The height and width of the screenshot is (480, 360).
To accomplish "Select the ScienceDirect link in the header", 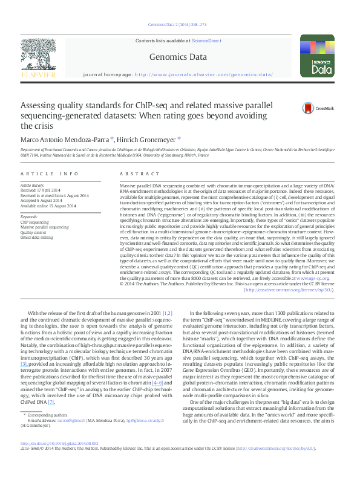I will (x=205, y=41).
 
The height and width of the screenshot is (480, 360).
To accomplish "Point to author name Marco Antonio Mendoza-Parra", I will (x=65, y=138).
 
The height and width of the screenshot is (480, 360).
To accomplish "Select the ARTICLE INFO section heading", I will (x=50, y=174).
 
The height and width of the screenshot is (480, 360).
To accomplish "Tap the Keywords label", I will (x=30, y=215).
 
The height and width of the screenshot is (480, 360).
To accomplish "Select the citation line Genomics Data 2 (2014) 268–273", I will (x=179, y=25).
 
